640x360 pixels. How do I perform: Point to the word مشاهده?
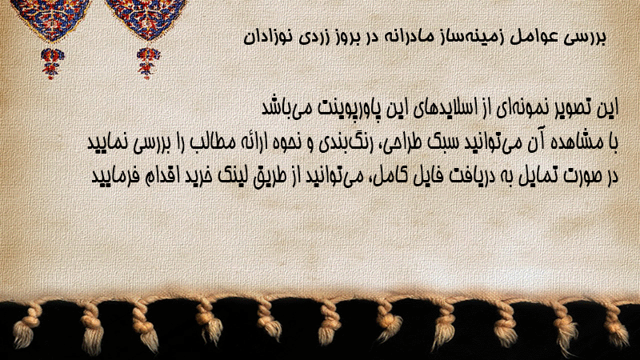(578, 143)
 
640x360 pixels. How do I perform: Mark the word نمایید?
(108, 143)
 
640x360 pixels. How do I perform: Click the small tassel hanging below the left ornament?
(52, 62)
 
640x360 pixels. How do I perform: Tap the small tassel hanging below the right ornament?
(148, 62)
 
